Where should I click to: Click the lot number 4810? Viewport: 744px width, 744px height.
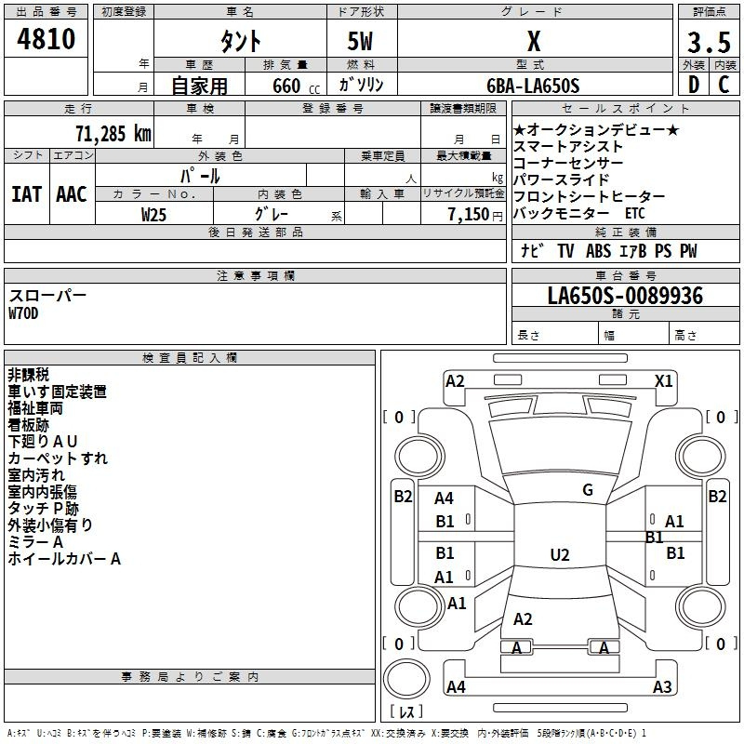click(x=46, y=39)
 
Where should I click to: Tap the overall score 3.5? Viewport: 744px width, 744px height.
click(x=709, y=42)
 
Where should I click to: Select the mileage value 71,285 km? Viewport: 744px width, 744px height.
click(x=113, y=134)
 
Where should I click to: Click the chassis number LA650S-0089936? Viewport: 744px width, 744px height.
click(x=625, y=296)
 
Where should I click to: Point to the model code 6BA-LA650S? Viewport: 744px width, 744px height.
click(x=533, y=86)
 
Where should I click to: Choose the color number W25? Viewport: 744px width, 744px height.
click(x=153, y=215)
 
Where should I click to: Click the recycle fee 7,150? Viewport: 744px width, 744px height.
click(x=469, y=215)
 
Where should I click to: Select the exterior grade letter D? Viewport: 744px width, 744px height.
click(x=694, y=85)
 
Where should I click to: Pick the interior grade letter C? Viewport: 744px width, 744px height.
click(x=724, y=85)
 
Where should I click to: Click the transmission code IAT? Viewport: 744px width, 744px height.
click(x=27, y=194)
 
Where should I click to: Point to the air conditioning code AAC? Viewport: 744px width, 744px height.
click(x=72, y=194)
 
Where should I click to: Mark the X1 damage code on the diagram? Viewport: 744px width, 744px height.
click(x=663, y=381)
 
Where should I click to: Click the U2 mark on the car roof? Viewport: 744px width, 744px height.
click(x=560, y=554)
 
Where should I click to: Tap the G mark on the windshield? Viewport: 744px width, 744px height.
click(x=588, y=490)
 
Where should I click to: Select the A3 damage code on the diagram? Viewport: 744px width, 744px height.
click(x=662, y=686)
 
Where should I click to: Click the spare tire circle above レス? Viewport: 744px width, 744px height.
click(x=406, y=679)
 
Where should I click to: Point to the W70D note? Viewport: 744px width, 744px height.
click(x=23, y=313)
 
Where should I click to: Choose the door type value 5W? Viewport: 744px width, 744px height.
click(x=360, y=41)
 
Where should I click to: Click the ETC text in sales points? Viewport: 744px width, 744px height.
click(x=635, y=213)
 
